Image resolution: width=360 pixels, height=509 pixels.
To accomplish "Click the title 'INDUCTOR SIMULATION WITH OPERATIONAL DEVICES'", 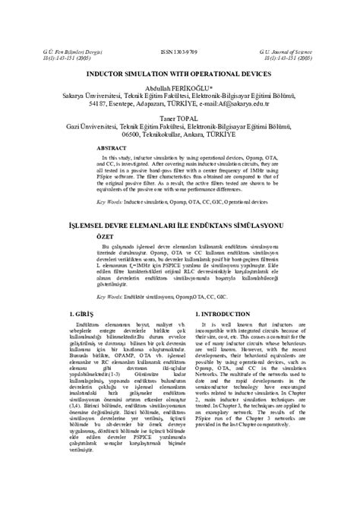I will (x=179, y=74).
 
